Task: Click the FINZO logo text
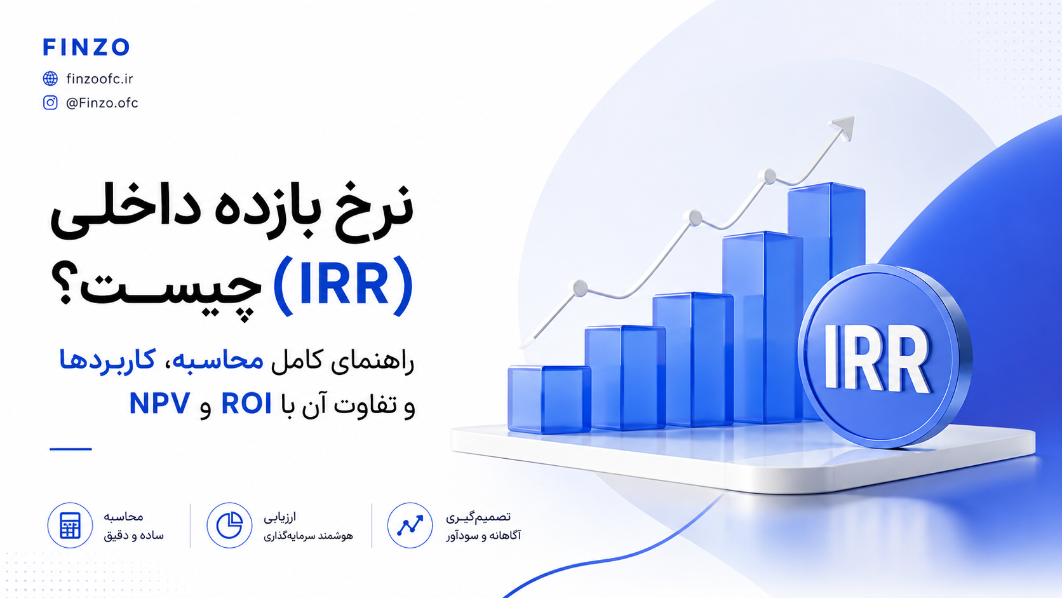click(86, 47)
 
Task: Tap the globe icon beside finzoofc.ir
click(50, 78)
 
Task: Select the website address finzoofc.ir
click(100, 79)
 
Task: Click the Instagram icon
click(50, 102)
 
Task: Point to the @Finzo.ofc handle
click(102, 103)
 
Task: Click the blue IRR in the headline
click(343, 286)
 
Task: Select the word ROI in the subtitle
click(246, 404)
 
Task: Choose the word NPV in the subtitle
click(160, 404)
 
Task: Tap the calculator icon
click(70, 526)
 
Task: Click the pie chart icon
click(229, 526)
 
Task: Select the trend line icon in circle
click(410, 526)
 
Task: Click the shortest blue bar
click(549, 399)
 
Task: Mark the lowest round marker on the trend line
click(581, 288)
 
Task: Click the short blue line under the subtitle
click(71, 449)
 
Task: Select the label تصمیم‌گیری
click(478, 517)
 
